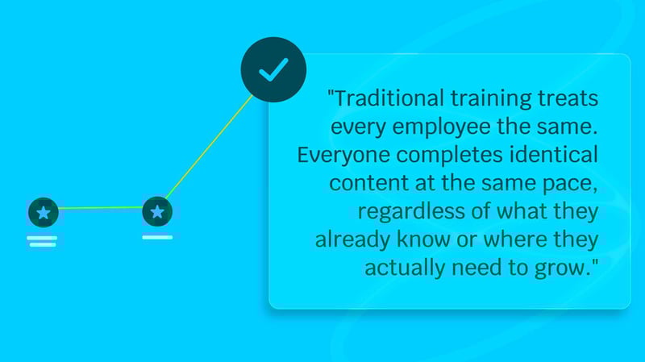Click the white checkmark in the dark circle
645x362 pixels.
(273, 71)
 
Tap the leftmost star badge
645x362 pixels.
(43, 213)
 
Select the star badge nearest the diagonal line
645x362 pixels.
(156, 212)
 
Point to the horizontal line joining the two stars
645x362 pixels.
(100, 208)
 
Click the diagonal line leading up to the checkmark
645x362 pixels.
(209, 145)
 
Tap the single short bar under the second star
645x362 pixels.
(156, 237)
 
